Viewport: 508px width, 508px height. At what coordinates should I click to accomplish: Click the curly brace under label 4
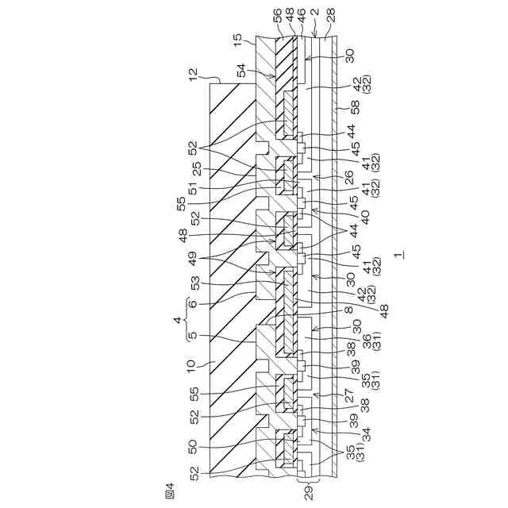(x=187, y=319)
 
